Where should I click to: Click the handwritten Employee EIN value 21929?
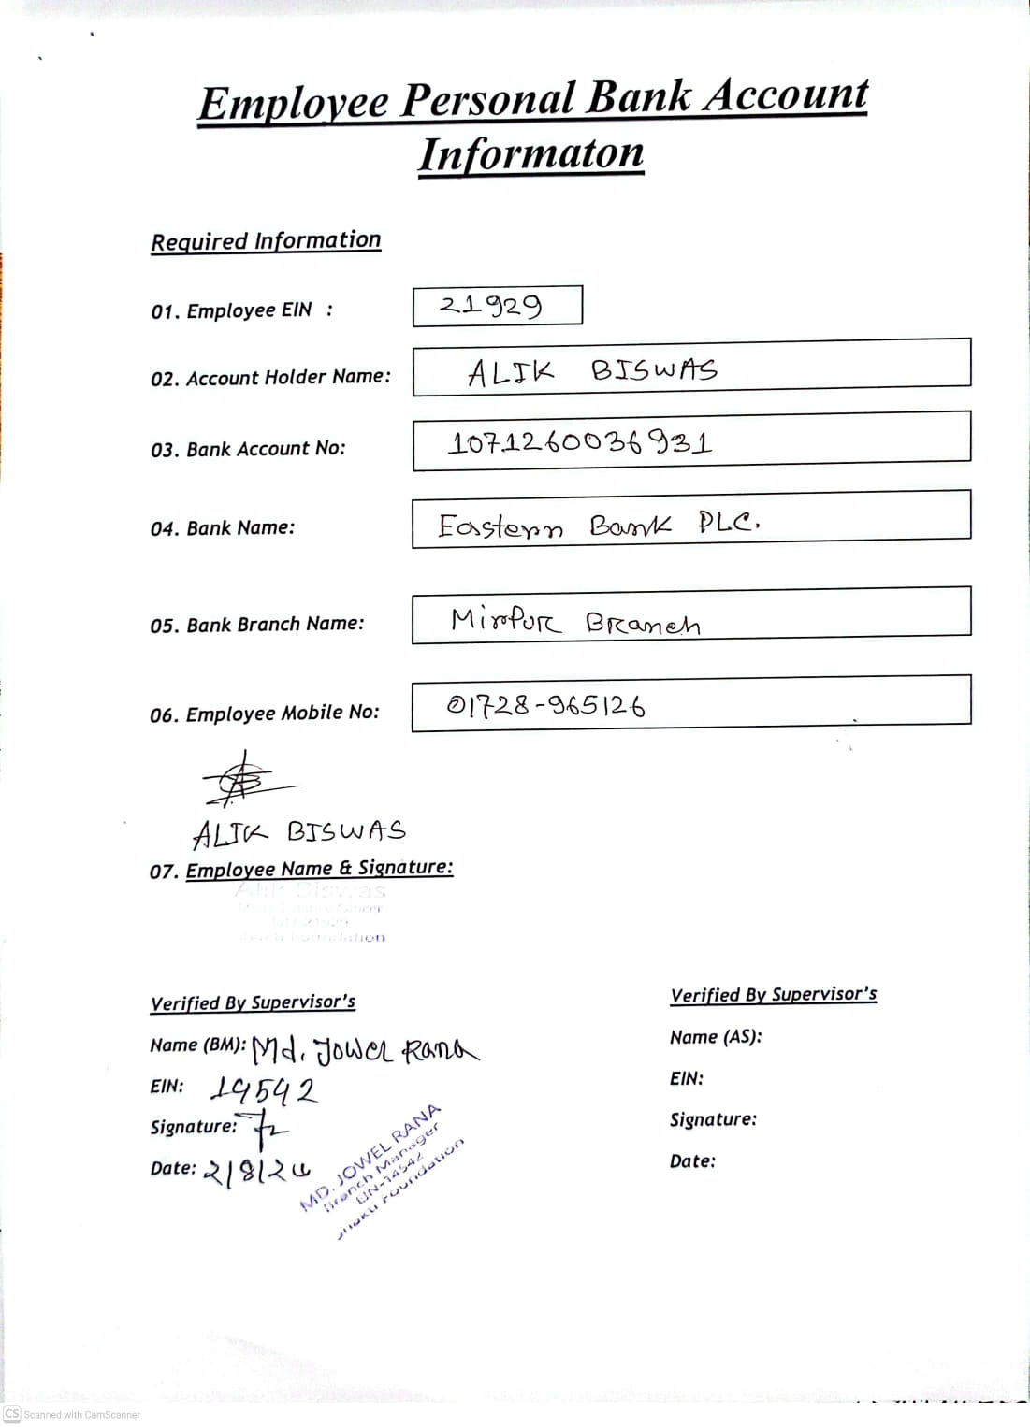tap(491, 306)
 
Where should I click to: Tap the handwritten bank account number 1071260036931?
tap(580, 442)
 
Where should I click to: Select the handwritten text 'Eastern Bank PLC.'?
tap(599, 525)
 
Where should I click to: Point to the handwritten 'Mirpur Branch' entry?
tap(574, 621)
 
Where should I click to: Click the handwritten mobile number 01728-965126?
tap(545, 705)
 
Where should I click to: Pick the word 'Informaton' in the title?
tap(530, 154)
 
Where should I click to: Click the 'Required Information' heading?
tap(266, 241)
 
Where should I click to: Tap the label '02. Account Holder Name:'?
tap(270, 378)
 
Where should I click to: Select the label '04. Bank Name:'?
tap(223, 528)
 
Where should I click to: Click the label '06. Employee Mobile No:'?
tap(265, 713)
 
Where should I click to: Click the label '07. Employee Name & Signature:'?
tap(301, 870)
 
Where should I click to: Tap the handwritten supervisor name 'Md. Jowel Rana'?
tap(365, 1051)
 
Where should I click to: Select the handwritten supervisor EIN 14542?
tap(264, 1089)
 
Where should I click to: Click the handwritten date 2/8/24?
tap(256, 1171)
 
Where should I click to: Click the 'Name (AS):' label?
tap(716, 1037)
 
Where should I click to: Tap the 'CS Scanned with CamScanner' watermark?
tap(72, 1414)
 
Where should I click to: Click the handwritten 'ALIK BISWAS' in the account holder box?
tap(592, 371)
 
